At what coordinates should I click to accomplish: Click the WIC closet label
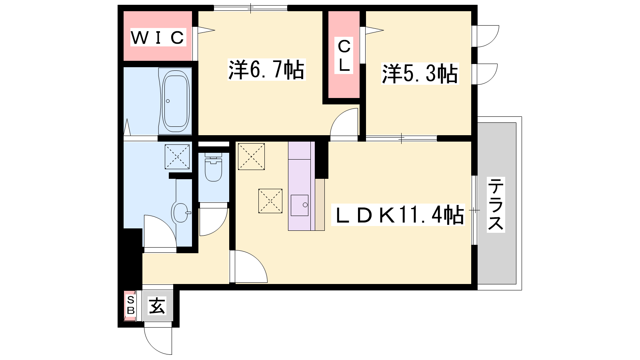pyautogui.click(x=158, y=37)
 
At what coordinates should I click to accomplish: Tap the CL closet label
pyautogui.click(x=344, y=56)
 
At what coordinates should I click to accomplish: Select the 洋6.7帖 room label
pyautogui.click(x=266, y=70)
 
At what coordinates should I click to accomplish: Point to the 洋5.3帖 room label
pyautogui.click(x=420, y=74)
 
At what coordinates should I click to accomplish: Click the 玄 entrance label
pyautogui.click(x=157, y=306)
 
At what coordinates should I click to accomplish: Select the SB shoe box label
pyautogui.click(x=130, y=305)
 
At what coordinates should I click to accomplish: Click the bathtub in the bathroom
pyautogui.click(x=176, y=101)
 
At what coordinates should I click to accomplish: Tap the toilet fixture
pyautogui.click(x=214, y=167)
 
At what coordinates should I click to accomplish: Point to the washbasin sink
pyautogui.click(x=181, y=212)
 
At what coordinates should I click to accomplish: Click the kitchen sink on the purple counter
pyautogui.click(x=300, y=205)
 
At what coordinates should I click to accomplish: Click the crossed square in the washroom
pyautogui.click(x=177, y=156)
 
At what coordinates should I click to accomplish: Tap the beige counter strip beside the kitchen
pyautogui.click(x=320, y=204)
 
